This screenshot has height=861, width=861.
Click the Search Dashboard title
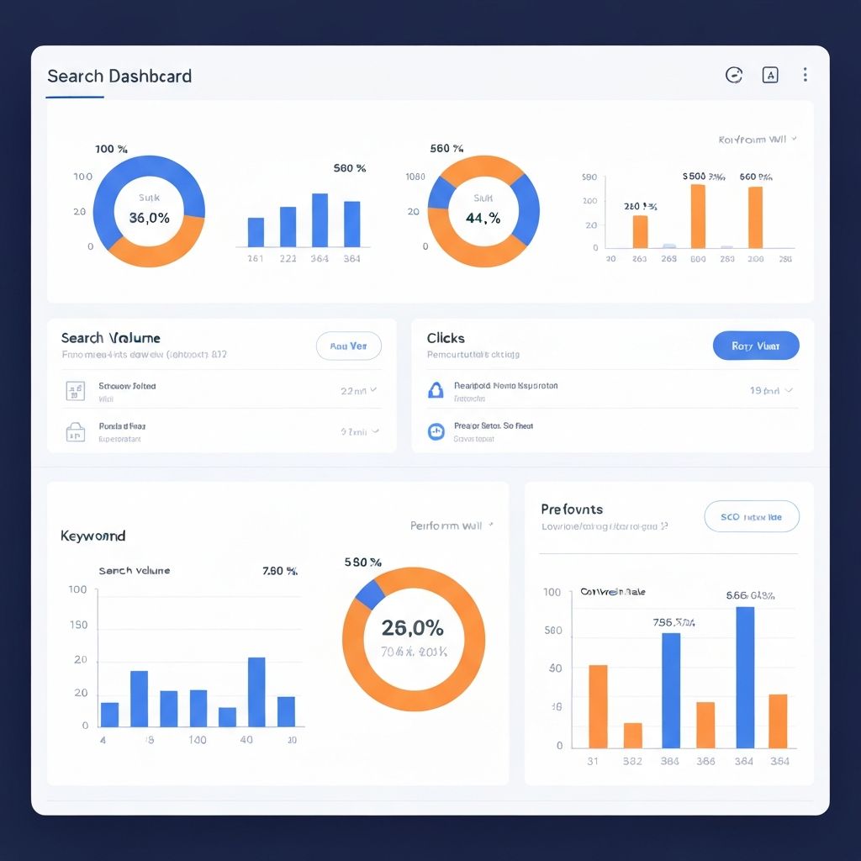click(119, 77)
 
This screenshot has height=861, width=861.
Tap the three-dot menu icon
click(805, 75)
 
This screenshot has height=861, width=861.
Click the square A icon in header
click(770, 75)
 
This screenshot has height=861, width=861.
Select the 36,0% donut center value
click(149, 218)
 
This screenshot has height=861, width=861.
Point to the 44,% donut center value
click(483, 218)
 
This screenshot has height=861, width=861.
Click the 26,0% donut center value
click(412, 627)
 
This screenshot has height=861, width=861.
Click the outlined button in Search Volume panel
click(348, 346)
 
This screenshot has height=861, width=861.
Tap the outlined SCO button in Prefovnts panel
click(751, 517)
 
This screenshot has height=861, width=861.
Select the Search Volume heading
click(110, 338)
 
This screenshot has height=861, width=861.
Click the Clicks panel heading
click(446, 338)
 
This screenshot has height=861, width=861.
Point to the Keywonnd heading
click(92, 536)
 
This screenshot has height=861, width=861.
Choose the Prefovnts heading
click(572, 510)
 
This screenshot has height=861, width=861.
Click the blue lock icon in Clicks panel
click(436, 389)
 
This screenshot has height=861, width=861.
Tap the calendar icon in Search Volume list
click(75, 390)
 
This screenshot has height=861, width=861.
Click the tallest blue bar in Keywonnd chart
click(256, 691)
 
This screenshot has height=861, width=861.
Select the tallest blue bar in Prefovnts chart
click(745, 677)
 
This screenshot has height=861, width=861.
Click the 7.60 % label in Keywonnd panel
click(280, 571)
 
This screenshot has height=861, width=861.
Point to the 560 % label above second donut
click(446, 149)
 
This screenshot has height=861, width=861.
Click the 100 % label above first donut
click(111, 149)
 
